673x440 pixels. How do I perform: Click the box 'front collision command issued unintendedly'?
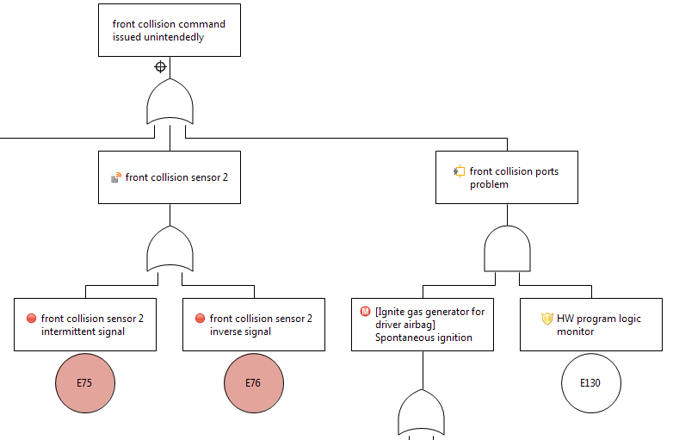coord(169,30)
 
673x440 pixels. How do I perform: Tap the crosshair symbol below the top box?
coord(160,67)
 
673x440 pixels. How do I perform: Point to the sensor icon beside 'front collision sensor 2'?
coord(116,177)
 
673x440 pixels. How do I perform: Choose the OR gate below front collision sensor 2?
coord(170,250)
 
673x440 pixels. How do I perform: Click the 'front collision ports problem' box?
coord(506,177)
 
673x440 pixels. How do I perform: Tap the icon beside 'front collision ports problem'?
coord(460,171)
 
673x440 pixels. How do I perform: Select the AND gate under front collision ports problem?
coord(507,249)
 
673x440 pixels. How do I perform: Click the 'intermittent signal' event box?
coord(84,325)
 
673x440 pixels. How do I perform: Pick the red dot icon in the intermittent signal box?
coord(32,319)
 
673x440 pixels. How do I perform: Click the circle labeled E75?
coord(84,383)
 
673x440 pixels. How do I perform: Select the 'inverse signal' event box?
coord(253,325)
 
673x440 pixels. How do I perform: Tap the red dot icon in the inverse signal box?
coord(201,319)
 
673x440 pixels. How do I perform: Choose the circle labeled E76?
coord(253,383)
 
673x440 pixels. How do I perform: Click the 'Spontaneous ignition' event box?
coord(423,325)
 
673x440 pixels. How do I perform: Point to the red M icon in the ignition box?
coord(366,312)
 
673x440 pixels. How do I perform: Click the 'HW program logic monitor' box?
coord(590,325)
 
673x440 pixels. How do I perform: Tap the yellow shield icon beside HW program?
coord(546,319)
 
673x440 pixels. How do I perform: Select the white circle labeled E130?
coord(590,383)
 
